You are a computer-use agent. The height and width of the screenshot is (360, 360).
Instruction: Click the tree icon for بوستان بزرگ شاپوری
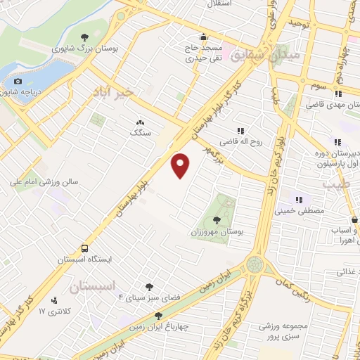[85, 37]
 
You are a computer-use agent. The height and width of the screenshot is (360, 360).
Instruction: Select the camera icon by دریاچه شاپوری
[18, 82]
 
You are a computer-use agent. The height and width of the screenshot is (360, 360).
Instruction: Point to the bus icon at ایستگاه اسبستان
[84, 248]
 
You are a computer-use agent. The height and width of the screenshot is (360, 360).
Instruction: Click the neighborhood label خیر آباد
[122, 92]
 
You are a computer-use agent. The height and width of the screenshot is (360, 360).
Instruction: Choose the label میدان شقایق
[286, 53]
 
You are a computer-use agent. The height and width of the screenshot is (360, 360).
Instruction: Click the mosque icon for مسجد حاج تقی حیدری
[203, 37]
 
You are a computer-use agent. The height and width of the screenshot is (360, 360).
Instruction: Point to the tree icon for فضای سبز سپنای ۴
[149, 286]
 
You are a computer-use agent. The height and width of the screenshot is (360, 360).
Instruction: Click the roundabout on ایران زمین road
[255, 266]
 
